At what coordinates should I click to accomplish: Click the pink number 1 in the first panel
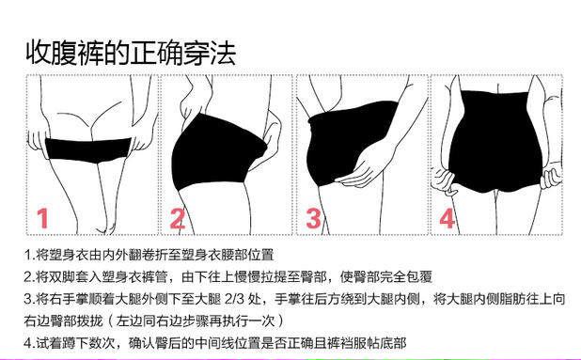pos(43,218)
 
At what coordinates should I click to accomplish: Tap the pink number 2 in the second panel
pos(177,218)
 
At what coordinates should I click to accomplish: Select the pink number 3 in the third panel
pos(313,218)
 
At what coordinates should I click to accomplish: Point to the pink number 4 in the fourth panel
pos(447,218)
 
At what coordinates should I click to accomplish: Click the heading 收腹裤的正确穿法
pos(131,53)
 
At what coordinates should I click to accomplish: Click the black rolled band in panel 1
pos(88,150)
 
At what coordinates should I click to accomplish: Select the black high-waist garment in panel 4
pos(496,143)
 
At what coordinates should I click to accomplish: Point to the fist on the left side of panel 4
pos(445,180)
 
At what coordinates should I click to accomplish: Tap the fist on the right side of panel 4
pos(552,175)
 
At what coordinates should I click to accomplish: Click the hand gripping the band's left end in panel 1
pos(38,140)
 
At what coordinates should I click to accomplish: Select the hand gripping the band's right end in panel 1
pos(142,140)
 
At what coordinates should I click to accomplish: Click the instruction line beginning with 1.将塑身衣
pos(149,255)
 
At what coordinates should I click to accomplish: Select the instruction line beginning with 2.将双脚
pos(228,276)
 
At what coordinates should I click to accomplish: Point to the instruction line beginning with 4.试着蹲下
pos(215,342)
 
